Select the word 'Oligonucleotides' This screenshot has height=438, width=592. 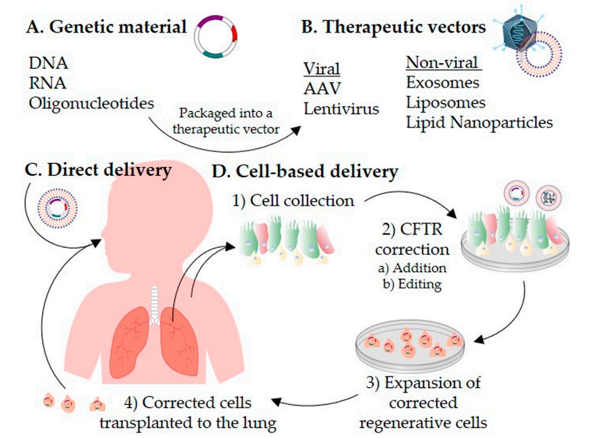(91, 102)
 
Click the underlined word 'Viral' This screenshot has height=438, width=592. (321, 69)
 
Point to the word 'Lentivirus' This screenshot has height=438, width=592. (341, 108)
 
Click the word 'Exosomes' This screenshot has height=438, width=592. (442, 83)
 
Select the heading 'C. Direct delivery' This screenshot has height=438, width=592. (97, 171)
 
